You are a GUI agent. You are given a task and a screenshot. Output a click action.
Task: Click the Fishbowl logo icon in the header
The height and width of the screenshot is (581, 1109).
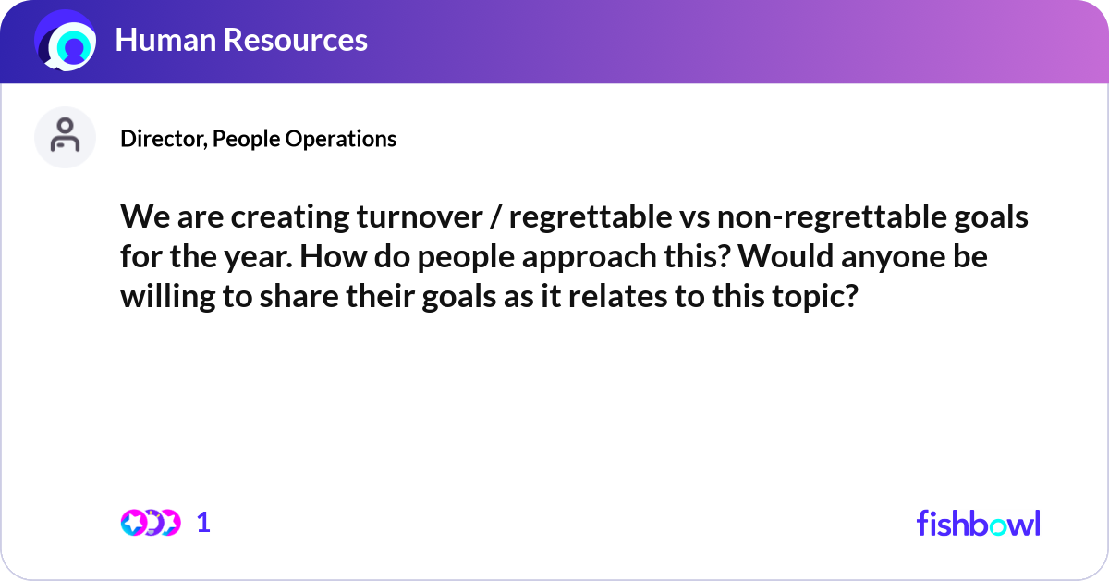coord(66,42)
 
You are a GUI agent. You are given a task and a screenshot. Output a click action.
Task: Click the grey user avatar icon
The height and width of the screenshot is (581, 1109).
coord(65,137)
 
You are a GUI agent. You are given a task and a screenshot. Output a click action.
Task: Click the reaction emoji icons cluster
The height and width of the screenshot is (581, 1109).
coord(151,523)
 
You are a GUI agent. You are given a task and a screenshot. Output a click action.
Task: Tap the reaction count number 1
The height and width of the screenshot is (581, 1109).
coord(203,523)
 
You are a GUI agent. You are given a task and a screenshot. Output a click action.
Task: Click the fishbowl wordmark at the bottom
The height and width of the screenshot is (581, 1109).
coord(978,523)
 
